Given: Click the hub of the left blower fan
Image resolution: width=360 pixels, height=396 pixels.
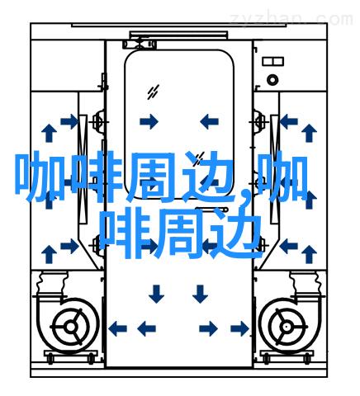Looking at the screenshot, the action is [x=71, y=327].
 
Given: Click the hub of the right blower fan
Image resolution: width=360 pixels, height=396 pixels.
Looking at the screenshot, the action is [x=287, y=327].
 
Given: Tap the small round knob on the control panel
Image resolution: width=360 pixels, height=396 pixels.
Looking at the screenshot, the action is [x=272, y=80].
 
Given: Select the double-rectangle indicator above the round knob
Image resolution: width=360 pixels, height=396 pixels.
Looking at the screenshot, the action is [x=272, y=61].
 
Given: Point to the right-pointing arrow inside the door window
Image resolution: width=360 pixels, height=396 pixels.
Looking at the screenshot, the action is [x=149, y=121].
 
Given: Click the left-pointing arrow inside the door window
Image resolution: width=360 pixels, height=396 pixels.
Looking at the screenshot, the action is [x=209, y=121].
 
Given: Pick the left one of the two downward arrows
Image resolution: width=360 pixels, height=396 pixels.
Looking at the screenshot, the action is [x=156, y=294].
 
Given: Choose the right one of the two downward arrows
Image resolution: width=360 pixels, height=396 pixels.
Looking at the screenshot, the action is [x=200, y=294].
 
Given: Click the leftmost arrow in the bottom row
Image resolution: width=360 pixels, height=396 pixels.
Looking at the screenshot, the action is [x=117, y=328].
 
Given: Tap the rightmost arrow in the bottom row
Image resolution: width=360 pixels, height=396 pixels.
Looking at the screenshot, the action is [x=239, y=328].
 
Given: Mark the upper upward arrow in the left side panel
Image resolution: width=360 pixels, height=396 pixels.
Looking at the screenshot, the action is [x=49, y=133].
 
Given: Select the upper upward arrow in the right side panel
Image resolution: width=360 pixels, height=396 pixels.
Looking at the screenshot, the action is [x=309, y=133].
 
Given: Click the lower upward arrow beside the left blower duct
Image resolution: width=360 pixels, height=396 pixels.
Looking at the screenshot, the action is [x=49, y=254].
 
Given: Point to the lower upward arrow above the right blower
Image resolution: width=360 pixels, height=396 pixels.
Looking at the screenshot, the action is [x=309, y=254].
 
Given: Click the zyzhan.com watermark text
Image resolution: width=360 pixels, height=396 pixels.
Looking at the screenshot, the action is [x=291, y=20].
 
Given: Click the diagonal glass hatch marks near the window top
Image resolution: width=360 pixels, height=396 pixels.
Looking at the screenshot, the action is [x=153, y=92].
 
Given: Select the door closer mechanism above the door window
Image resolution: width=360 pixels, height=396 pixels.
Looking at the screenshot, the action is [x=140, y=44].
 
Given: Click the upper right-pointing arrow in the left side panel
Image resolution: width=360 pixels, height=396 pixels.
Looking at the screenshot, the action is [x=70, y=121].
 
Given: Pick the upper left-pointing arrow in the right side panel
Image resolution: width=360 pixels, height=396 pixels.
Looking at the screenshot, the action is [x=289, y=121].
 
